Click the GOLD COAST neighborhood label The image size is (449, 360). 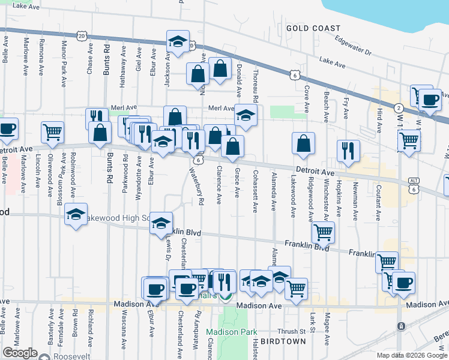(313, 28)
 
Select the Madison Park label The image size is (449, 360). (231, 332)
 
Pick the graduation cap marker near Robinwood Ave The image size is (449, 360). (76, 215)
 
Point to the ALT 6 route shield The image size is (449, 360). (412, 184)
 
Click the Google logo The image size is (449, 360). (20, 353)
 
